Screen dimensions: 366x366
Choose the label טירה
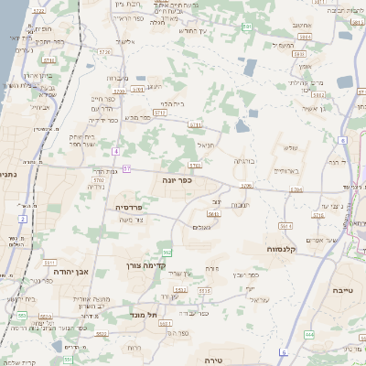click(x=215, y=360)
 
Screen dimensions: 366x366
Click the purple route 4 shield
click(x=116, y=151)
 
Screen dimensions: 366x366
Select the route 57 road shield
click(x=127, y=168)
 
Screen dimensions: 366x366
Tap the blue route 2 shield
click(x=22, y=220)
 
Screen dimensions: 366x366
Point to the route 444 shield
click(x=310, y=335)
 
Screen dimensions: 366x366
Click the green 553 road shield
click(x=167, y=250)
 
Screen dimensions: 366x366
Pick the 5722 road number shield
click(x=98, y=180)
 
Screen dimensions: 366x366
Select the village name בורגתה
click(x=244, y=160)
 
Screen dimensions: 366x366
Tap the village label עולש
click(x=292, y=147)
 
